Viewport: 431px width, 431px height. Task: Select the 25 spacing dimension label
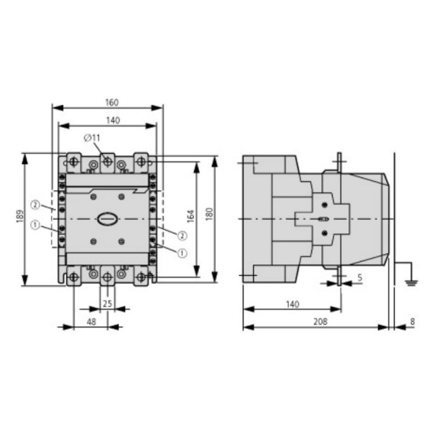pos(107,304)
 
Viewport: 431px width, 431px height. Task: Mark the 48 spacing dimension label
pos(91,323)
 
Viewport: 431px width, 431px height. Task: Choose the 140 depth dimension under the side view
pos(292,305)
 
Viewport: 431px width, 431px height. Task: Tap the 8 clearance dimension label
pos(412,323)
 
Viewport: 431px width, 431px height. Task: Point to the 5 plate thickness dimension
pos(359,277)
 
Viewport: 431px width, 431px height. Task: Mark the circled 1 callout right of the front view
pos(182,252)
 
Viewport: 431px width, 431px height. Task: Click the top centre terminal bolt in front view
pos(107,162)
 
